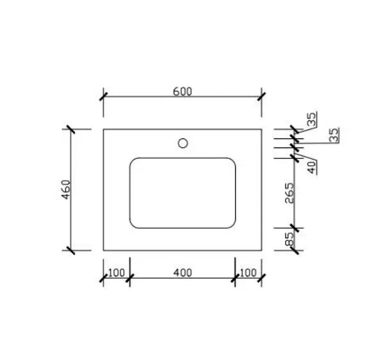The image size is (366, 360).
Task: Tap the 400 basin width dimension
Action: point(183,273)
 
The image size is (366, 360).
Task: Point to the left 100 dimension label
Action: point(116,273)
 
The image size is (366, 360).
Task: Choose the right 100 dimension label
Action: point(249,273)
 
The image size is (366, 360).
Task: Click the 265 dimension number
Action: point(290,194)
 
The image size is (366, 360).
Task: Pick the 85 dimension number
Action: point(290,240)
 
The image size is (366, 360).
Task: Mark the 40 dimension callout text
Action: point(312,168)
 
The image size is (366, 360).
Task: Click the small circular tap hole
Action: point(183,142)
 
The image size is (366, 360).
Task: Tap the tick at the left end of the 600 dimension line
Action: point(103,97)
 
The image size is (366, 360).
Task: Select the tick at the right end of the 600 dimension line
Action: point(262,97)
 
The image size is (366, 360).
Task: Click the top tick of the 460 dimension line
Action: point(70,129)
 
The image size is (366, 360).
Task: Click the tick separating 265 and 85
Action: point(295,227)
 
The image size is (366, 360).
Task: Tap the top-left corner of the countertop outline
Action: point(103,129)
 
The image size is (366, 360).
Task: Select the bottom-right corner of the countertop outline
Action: point(262,250)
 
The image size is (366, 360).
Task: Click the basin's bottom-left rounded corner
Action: point(133,224)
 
